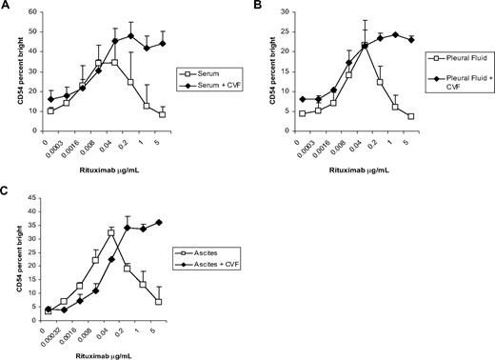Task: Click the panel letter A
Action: point(7,7)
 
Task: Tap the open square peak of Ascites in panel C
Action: point(111,232)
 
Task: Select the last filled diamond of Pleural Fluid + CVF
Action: point(411,39)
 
